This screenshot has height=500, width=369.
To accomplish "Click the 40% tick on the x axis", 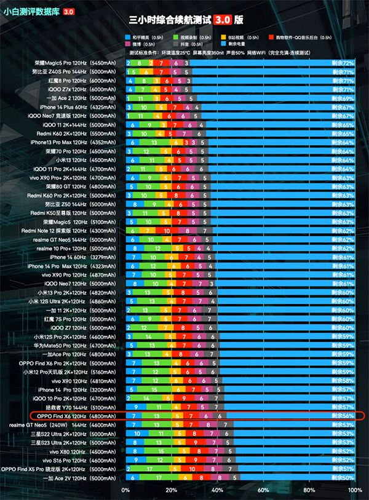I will pyautogui.click(x=217, y=490).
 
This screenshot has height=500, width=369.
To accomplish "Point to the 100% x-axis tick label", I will pyautogui.click(x=355, y=490).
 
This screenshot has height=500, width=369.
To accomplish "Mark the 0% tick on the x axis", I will pyautogui.click(x=126, y=490).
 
